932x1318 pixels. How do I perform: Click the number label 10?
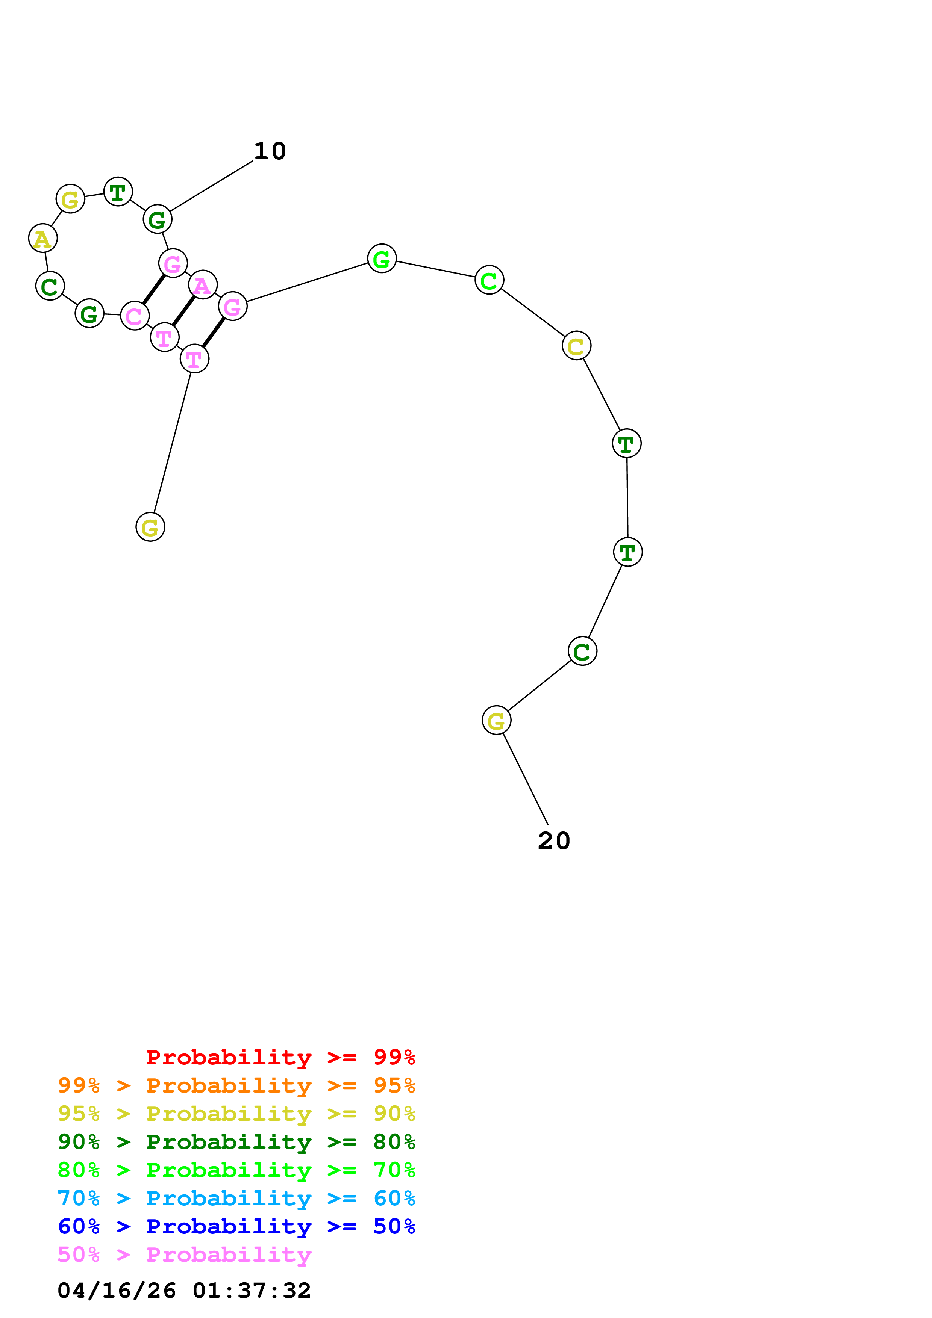[x=270, y=151]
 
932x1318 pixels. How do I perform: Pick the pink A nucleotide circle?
[x=203, y=285]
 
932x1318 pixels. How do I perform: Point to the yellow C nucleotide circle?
[x=577, y=346]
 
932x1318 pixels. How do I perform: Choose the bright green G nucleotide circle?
[x=382, y=258]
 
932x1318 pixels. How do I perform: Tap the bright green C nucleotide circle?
[x=489, y=280]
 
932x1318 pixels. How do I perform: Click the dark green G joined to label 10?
[x=158, y=219]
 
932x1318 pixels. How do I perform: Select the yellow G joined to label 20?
[x=496, y=720]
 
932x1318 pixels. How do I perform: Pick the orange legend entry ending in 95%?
[x=236, y=1085]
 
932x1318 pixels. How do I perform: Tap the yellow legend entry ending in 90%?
[x=236, y=1114]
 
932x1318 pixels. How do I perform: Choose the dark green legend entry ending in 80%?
[x=236, y=1142]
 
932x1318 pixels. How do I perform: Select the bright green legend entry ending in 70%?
[x=236, y=1170]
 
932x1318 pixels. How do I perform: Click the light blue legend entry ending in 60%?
[x=236, y=1198]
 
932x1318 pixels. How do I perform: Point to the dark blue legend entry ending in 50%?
[x=236, y=1226]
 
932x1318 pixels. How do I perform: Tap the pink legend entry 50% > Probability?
[x=184, y=1254]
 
